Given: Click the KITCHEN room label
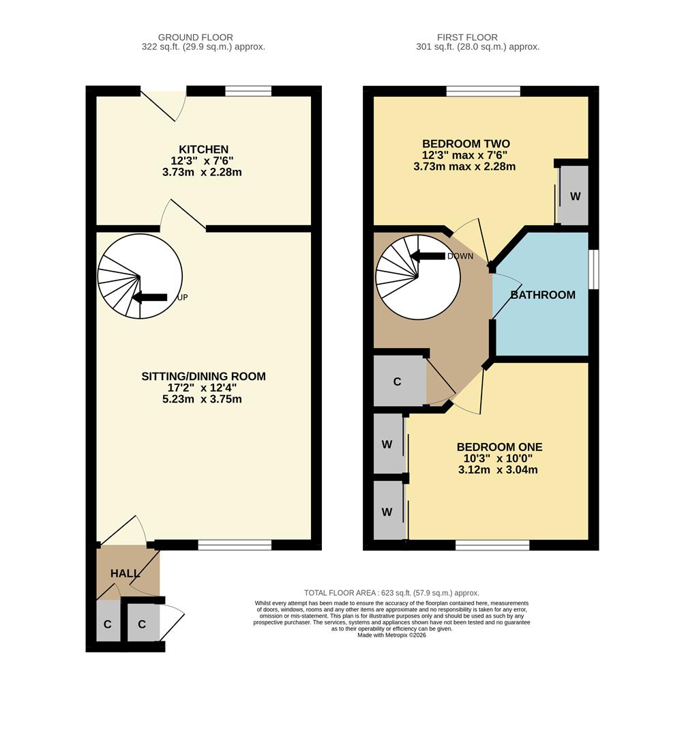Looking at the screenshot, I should tap(203, 149).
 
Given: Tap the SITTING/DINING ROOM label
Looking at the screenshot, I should tap(203, 376).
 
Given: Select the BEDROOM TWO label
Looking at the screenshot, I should tap(465, 143).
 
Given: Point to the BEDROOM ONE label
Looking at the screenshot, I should tap(499, 447).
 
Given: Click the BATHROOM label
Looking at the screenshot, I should tap(543, 295).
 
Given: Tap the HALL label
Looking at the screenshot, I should tap(125, 573).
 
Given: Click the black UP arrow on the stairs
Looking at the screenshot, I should tap(149, 298).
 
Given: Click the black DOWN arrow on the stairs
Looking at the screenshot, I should tap(427, 256).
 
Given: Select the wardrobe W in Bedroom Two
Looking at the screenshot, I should tap(575, 197).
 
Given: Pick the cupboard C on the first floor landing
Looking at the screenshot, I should tap(397, 381).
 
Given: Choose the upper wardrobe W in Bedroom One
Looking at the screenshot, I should tap(387, 444).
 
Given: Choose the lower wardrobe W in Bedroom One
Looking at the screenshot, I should tap(387, 511).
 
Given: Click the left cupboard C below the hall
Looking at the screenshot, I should tap(107, 624).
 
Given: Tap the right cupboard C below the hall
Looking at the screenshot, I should tap(142, 624).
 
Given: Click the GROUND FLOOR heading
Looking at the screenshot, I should tap(195, 38).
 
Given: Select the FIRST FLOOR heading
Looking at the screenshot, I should tap(467, 38).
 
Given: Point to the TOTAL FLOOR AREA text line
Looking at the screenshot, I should tap(391, 593).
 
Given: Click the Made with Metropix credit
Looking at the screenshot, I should tap(391, 635).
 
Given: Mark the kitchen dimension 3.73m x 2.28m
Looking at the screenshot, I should tap(202, 173).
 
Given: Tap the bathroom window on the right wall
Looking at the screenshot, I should tap(593, 270).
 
